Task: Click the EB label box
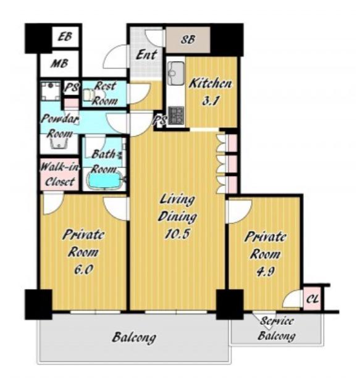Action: (65, 37)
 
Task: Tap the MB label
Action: (59, 64)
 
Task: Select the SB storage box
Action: (188, 40)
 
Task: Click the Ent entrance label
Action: (146, 55)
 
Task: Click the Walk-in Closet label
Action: (59, 175)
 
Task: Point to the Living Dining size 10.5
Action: (177, 234)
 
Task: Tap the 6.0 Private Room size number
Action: (83, 270)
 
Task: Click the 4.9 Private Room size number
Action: (265, 272)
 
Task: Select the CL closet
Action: (312, 299)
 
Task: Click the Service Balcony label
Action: (276, 329)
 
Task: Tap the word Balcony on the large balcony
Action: (134, 337)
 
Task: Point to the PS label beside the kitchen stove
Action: (159, 120)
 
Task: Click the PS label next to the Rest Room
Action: (71, 87)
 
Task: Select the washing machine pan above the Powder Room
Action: (51, 91)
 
